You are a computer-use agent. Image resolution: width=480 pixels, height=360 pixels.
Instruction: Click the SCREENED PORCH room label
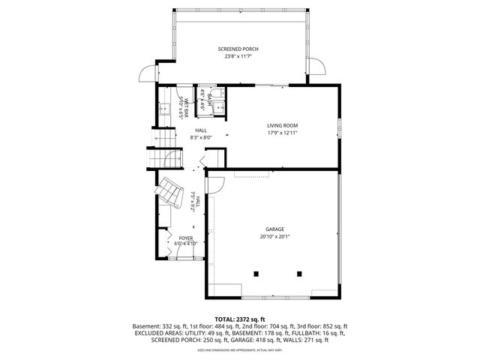tap(238, 49)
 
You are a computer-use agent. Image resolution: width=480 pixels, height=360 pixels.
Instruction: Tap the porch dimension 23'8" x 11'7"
tap(238, 56)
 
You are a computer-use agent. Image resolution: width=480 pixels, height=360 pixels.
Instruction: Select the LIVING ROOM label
tap(283, 125)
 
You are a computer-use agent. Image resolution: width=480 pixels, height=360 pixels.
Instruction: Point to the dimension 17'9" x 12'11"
tap(283, 133)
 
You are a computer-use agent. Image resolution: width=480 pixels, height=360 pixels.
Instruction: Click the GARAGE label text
tap(274, 229)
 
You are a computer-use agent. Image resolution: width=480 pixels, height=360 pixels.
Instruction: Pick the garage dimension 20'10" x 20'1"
tap(274, 236)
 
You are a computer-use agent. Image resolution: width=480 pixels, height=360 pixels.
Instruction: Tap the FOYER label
tap(185, 238)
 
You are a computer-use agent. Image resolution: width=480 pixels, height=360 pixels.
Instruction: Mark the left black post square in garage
tap(256, 273)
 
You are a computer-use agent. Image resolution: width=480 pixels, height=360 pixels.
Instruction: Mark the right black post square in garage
tap(298, 273)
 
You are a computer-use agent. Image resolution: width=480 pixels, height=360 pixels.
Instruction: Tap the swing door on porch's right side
tap(318, 69)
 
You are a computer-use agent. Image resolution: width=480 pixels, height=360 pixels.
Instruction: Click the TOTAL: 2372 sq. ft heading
tap(239, 319)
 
